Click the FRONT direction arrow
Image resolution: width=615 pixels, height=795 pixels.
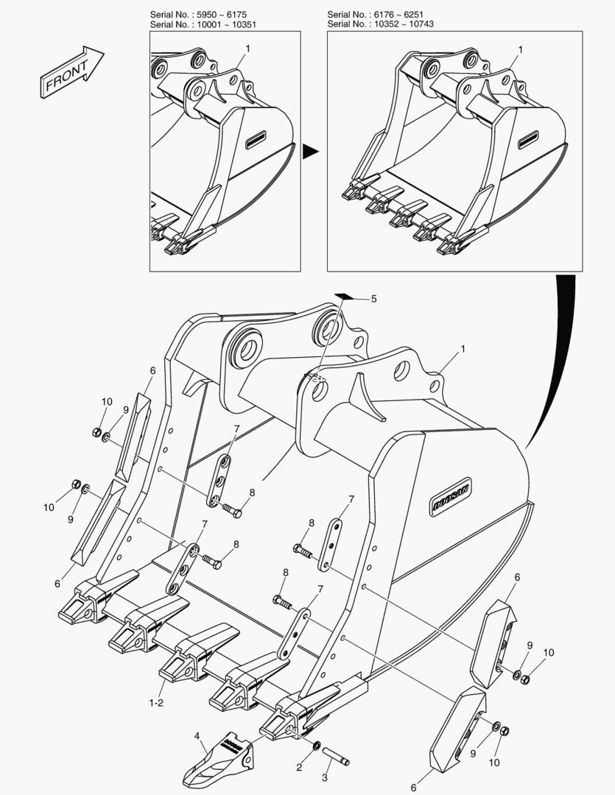point(71,72)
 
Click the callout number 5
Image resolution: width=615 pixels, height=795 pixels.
point(374,299)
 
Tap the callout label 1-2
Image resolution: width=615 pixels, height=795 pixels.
point(156,703)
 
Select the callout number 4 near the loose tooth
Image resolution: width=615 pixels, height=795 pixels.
point(197,735)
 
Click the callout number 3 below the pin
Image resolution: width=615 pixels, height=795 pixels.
point(325,777)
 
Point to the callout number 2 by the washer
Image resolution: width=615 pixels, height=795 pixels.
point(299,768)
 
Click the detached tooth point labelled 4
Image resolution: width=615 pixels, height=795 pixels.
point(218,759)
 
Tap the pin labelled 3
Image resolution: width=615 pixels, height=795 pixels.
point(335,755)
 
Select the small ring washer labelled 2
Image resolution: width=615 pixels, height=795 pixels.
point(316,745)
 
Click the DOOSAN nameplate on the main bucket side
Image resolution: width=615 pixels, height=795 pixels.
point(450,497)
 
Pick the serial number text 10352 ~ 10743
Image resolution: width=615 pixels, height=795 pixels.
point(404,24)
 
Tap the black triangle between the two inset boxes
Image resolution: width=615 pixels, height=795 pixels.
point(311,152)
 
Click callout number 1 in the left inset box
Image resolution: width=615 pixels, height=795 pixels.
point(247,49)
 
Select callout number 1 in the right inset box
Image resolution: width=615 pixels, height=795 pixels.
point(520,49)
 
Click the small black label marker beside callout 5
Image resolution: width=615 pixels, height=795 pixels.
point(342,296)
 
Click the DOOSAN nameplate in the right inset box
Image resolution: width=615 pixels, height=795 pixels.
point(528,140)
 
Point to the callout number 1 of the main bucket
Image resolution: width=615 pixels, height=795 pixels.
point(463,350)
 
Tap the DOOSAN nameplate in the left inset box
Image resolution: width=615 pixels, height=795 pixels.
point(256,140)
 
